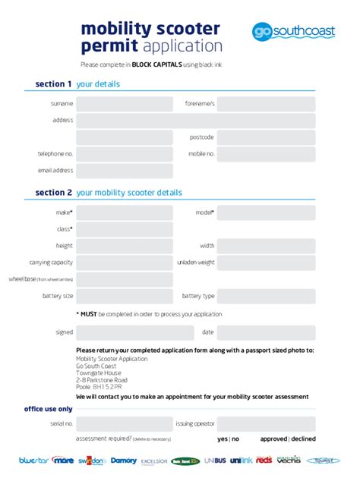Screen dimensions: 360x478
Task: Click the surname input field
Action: tap(125, 103)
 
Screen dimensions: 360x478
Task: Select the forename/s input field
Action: tap(266, 103)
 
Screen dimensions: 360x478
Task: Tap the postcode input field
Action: tap(266, 137)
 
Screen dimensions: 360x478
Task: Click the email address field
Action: tap(125, 171)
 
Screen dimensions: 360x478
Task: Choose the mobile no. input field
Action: tap(266, 154)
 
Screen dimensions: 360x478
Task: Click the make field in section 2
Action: tap(125, 212)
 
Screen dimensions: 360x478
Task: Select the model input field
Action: tap(266, 212)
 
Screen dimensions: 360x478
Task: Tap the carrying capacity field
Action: tap(125, 263)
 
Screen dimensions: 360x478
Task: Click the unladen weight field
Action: tap(266, 263)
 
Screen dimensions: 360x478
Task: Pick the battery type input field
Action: tap(266, 296)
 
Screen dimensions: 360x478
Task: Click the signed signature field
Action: tap(125, 332)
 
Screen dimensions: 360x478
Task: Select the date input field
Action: tap(266, 332)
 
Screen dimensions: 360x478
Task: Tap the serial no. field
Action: tap(125, 423)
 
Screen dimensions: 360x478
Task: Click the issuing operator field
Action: tap(266, 423)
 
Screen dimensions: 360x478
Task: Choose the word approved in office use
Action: tap(273, 439)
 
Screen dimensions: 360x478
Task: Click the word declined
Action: tap(303, 439)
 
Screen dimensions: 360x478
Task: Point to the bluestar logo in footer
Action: tap(33, 460)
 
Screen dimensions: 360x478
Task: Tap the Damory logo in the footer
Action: tap(124, 460)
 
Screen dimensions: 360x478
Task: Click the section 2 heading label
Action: tap(54, 193)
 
